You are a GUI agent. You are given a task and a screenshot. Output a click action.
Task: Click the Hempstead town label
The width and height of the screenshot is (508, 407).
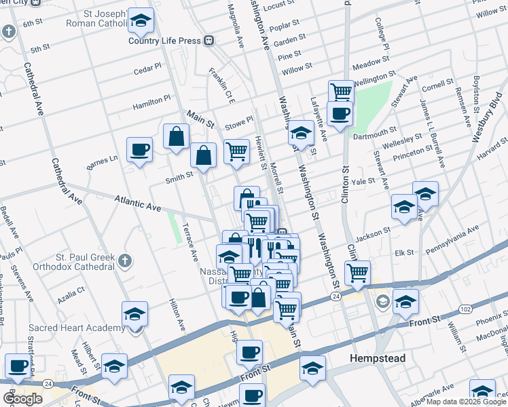click(377, 358)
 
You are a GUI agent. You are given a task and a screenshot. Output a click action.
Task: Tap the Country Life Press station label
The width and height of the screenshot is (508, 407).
click(166, 41)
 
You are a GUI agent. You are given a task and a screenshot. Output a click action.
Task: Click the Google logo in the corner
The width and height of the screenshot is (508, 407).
click(23, 399)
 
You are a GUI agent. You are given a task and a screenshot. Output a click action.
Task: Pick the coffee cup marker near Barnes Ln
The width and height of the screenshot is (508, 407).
click(140, 149)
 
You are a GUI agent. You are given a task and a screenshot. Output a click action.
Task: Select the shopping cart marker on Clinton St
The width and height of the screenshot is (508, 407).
click(357, 273)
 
